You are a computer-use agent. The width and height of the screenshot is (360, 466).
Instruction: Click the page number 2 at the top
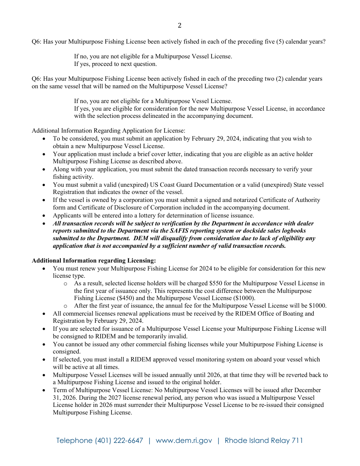pyautogui.click(x=180, y=26)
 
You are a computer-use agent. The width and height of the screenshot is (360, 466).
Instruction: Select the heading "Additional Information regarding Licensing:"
pyautogui.click(x=94, y=261)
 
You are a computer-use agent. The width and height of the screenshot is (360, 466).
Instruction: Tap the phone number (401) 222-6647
pyautogui.click(x=119, y=441)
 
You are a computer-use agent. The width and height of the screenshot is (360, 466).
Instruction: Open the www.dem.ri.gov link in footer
pyautogui.click(x=184, y=441)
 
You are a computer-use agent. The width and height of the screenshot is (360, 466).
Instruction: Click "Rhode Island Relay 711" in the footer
pyautogui.click(x=264, y=441)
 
